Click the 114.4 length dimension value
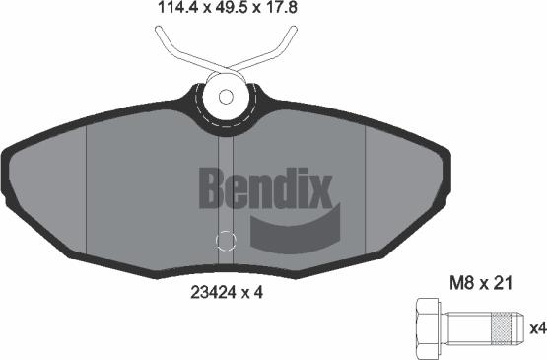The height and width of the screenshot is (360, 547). point(177,7)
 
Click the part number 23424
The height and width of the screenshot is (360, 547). point(213,292)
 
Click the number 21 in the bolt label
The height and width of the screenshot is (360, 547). point(503,282)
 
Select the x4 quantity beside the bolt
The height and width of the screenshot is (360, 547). point(537,328)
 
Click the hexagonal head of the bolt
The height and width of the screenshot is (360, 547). point(429,327)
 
